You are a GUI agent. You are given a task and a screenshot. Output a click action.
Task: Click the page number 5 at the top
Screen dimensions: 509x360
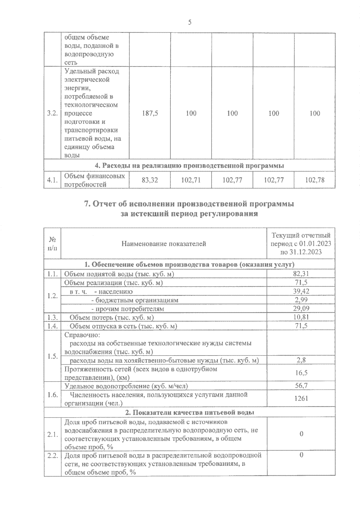pos(190,22)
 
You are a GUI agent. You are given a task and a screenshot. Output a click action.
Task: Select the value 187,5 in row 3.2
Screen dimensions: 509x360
pos(150,113)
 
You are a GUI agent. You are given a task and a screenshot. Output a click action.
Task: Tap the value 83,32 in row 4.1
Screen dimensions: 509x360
pos(150,180)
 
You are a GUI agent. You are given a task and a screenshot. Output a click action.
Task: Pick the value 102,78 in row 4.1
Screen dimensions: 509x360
pos(314,180)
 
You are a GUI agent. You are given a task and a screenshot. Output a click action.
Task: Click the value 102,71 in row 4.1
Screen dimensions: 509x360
pos(191,180)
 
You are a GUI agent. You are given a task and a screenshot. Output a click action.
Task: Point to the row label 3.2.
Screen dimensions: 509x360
pos(52,113)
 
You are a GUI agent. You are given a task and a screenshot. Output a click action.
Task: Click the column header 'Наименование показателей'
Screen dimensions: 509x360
pos(163,244)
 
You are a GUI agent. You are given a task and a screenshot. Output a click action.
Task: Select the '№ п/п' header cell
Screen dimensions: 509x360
pos(52,244)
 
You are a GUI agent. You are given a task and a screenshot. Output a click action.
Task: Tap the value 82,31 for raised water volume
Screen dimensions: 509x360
pos(301,274)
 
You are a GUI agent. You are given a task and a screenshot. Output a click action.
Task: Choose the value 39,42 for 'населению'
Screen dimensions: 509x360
pos(301,291)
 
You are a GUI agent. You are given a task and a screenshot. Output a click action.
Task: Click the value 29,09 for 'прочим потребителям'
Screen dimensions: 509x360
pos(301,308)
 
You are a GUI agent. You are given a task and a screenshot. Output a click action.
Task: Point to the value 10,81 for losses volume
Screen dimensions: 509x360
pos(301,317)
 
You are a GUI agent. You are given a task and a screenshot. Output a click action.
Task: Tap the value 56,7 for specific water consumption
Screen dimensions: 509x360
pos(301,386)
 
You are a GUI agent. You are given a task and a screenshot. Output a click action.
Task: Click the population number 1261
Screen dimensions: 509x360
pos(301,398)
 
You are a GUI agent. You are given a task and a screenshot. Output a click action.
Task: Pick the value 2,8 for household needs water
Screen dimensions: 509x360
pos(301,360)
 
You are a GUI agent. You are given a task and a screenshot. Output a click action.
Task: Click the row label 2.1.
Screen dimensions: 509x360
pos(52,434)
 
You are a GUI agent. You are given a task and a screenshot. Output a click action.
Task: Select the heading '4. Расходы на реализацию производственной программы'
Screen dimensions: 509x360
pos(189,165)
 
